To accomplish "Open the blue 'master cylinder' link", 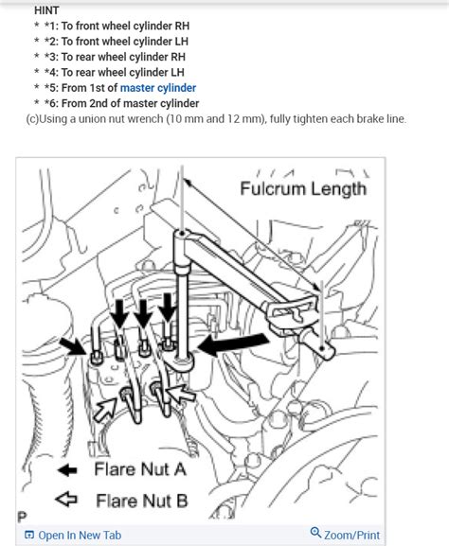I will pyautogui.click(x=159, y=88).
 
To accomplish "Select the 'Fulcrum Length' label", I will pyautogui.click(x=303, y=188).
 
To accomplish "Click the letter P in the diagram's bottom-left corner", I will pyautogui.click(x=21, y=517).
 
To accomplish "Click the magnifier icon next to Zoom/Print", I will pyautogui.click(x=316, y=535).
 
